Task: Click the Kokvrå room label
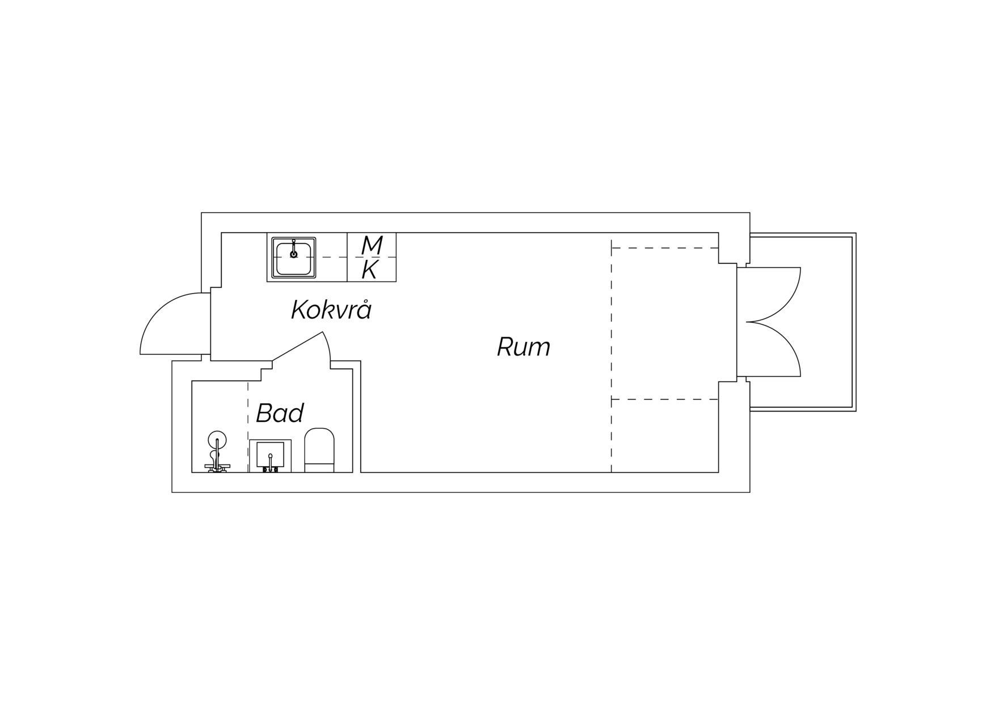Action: (x=331, y=309)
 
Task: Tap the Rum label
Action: (x=524, y=347)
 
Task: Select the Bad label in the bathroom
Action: (x=280, y=413)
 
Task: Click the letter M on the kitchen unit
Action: (x=372, y=245)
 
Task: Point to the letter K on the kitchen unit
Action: (x=370, y=270)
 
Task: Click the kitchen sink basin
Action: (x=294, y=257)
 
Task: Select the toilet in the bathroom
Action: (x=319, y=450)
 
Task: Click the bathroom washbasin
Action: (x=271, y=456)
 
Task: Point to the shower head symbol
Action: (x=217, y=441)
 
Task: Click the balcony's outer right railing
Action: (x=854, y=322)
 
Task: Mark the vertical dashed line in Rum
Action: (x=612, y=356)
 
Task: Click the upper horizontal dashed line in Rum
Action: (x=665, y=248)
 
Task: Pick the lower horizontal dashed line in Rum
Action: (x=665, y=400)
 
